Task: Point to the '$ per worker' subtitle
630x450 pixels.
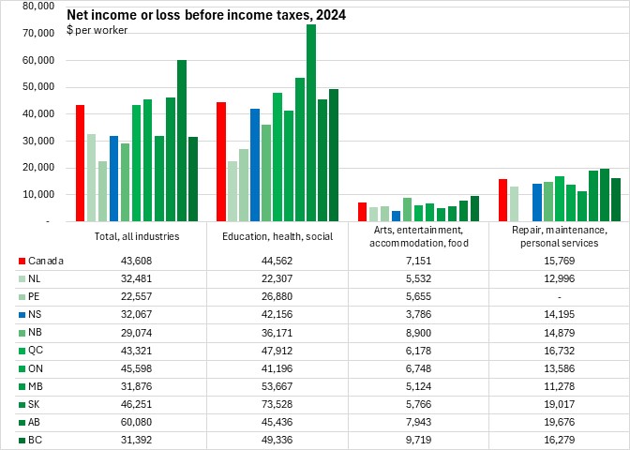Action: click(x=97, y=31)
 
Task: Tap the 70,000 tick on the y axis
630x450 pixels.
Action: click(x=38, y=33)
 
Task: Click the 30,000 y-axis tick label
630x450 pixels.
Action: click(x=38, y=141)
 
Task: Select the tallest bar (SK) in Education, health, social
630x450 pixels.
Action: click(x=311, y=123)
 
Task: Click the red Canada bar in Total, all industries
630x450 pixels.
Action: click(x=81, y=163)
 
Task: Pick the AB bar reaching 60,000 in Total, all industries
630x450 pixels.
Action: click(x=182, y=141)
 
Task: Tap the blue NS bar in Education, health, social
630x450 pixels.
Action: click(x=255, y=165)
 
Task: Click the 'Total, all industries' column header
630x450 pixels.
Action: click(x=137, y=236)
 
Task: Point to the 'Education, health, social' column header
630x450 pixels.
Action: click(x=277, y=236)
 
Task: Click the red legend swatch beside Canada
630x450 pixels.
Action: click(x=21, y=261)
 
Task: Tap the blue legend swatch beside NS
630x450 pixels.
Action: click(x=21, y=314)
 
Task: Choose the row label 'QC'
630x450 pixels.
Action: click(x=36, y=350)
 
